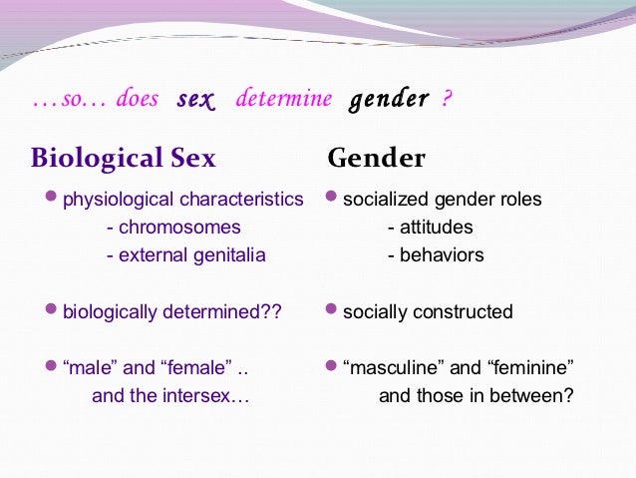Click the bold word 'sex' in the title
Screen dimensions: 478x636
[195, 100]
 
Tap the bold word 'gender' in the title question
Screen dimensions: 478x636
[389, 100]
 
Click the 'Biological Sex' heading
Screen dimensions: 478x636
[123, 158]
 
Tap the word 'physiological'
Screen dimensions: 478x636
[113, 200]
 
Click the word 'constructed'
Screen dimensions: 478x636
[463, 312]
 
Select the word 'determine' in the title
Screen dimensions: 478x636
[281, 100]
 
